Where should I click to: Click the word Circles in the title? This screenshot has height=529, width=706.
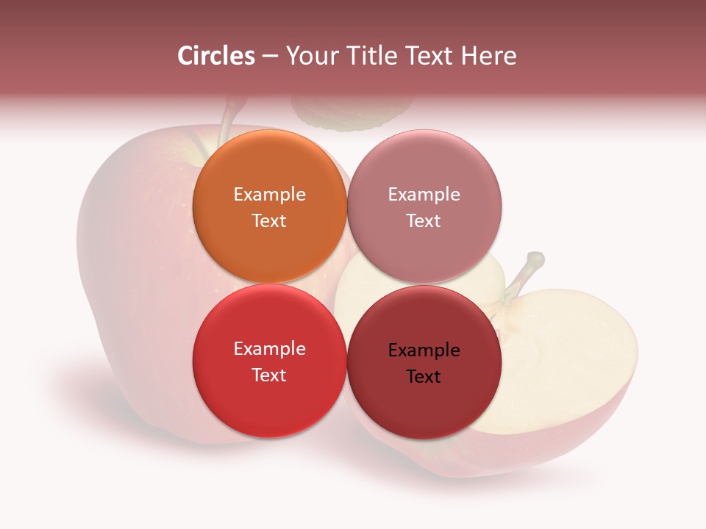216,56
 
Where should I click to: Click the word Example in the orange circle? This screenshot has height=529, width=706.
269,194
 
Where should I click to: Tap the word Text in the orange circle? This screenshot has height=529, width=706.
269,220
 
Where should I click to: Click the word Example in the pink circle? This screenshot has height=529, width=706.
424,194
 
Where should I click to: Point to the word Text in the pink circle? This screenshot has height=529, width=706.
424,220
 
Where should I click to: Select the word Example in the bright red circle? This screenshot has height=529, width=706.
269,348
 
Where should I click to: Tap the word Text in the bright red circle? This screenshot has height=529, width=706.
269,375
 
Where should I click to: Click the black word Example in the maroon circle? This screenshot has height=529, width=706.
424,350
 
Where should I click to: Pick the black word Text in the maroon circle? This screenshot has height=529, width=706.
424,376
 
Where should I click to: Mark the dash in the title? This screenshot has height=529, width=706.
270,57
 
